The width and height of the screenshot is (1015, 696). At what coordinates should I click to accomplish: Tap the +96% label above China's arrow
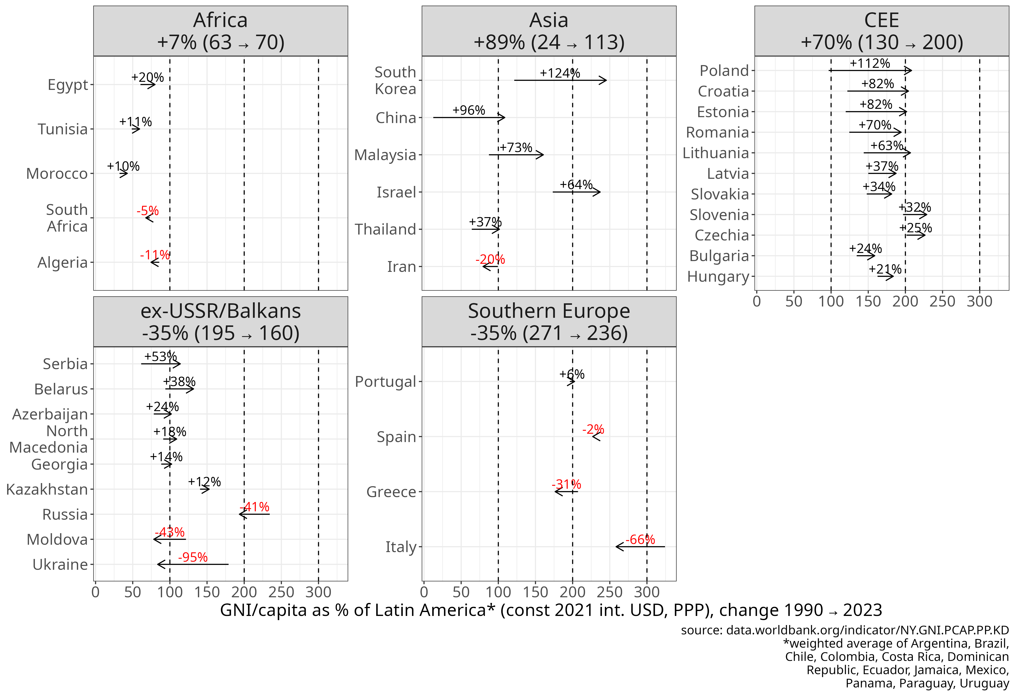pos(469,110)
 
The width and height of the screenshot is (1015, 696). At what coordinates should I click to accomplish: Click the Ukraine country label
pos(60,565)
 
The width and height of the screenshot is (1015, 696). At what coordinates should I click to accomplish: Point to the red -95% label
pos(193,557)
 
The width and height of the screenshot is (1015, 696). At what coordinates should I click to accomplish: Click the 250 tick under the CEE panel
pos(942,301)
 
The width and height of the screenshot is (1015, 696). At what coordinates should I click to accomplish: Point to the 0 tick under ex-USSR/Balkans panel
pos(96,592)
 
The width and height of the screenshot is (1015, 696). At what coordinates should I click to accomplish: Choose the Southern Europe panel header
pos(549,322)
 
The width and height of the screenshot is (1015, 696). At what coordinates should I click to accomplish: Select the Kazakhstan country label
pos(47,489)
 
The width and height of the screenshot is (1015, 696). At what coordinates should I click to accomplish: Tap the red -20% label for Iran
pos(490,259)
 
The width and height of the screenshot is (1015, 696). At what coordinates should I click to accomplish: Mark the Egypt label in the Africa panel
pos(68,85)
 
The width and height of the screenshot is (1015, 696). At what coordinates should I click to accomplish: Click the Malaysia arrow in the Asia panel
pos(516,154)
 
